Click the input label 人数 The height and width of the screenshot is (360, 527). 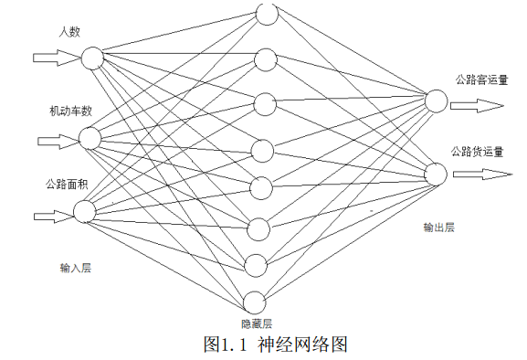click(x=69, y=32)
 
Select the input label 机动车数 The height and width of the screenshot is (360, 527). click(x=70, y=111)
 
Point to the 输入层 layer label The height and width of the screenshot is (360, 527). click(x=76, y=268)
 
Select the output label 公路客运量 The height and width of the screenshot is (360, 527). click(x=480, y=79)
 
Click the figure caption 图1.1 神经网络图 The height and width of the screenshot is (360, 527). click(x=276, y=344)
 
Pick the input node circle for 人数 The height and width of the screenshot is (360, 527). click(x=92, y=58)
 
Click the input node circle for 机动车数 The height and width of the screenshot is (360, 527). click(x=90, y=138)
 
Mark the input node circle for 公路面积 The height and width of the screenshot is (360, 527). click(x=84, y=212)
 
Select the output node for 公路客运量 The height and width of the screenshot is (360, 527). click(x=435, y=100)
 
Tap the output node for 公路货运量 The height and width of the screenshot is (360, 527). click(x=435, y=174)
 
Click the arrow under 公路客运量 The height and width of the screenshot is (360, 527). click(x=478, y=105)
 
